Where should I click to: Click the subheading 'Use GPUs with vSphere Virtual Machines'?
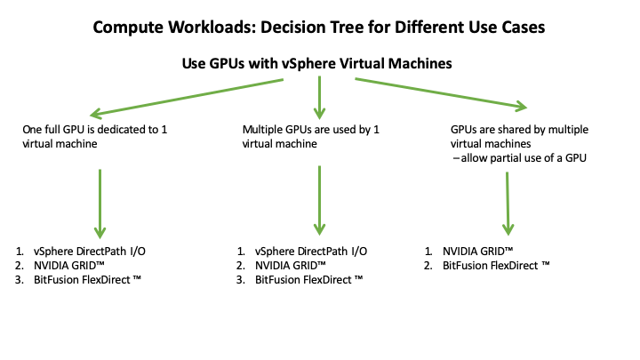319,64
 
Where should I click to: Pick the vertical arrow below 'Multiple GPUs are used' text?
317,200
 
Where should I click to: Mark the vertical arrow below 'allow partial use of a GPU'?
508,202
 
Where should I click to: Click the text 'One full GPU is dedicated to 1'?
95,129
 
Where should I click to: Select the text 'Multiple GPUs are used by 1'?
311,129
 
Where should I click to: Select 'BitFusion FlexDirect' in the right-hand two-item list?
496,265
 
